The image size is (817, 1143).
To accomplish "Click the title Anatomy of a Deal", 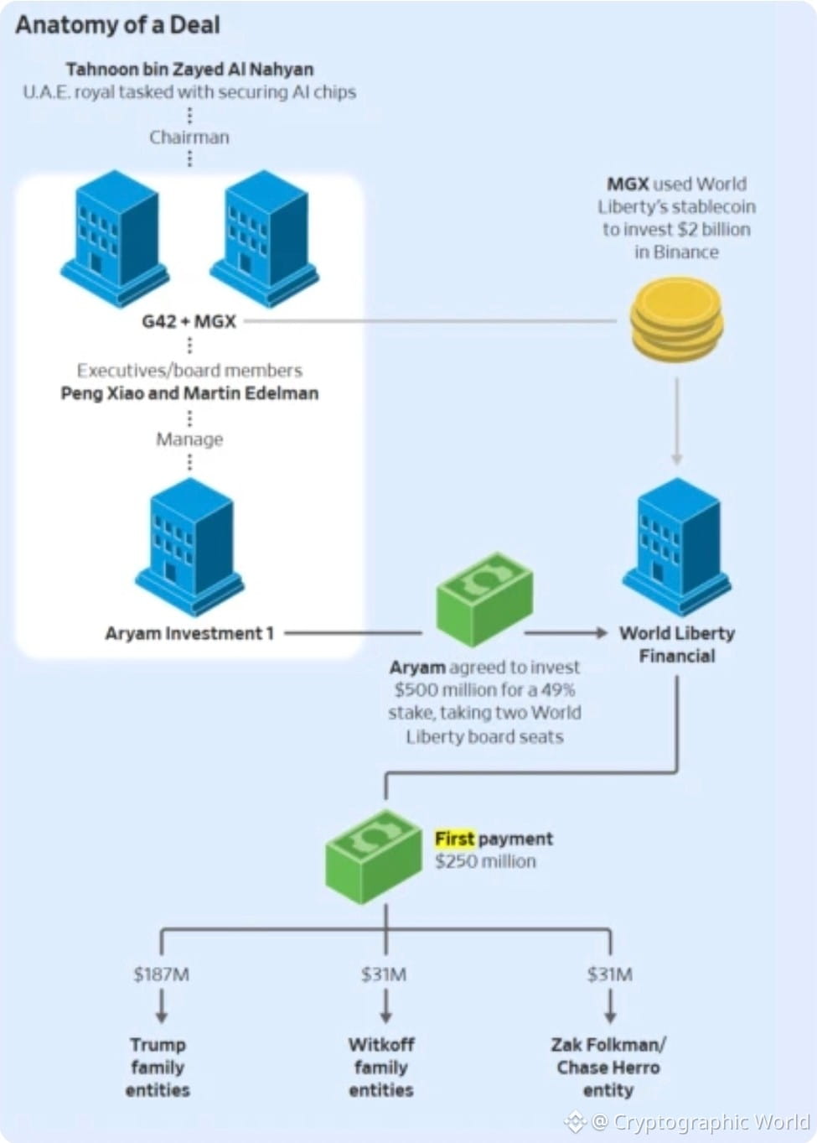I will pyautogui.click(x=117, y=25).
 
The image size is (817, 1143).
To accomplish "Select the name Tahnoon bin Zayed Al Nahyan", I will pyautogui.click(x=189, y=70).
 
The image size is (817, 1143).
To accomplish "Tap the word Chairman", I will pyautogui.click(x=189, y=137).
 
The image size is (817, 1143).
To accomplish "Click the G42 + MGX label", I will pyautogui.click(x=189, y=321).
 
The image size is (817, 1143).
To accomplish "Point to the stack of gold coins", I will pyautogui.click(x=676, y=320).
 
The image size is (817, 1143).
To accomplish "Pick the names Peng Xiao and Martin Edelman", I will pyautogui.click(x=189, y=393).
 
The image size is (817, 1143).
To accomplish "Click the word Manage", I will pyautogui.click(x=189, y=439).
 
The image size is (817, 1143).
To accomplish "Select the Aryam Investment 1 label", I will pyautogui.click(x=189, y=633).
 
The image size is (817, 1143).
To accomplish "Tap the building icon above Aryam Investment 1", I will pyautogui.click(x=190, y=545).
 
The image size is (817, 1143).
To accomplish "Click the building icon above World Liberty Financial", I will pyautogui.click(x=677, y=545).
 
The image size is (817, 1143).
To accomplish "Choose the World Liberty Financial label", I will pyautogui.click(x=677, y=644).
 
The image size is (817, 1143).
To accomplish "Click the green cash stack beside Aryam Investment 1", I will pyautogui.click(x=484, y=599).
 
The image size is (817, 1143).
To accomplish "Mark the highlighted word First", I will pyautogui.click(x=455, y=839).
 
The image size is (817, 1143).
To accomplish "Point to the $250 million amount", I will pyautogui.click(x=485, y=861).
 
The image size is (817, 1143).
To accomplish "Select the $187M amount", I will pyautogui.click(x=161, y=974).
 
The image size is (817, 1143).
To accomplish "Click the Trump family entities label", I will pyautogui.click(x=158, y=1067).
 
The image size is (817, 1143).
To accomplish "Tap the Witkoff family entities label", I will pyautogui.click(x=381, y=1067).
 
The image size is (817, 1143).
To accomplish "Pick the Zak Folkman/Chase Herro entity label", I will pyautogui.click(x=608, y=1067).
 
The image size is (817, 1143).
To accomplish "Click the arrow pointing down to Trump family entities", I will pyautogui.click(x=161, y=1006).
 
